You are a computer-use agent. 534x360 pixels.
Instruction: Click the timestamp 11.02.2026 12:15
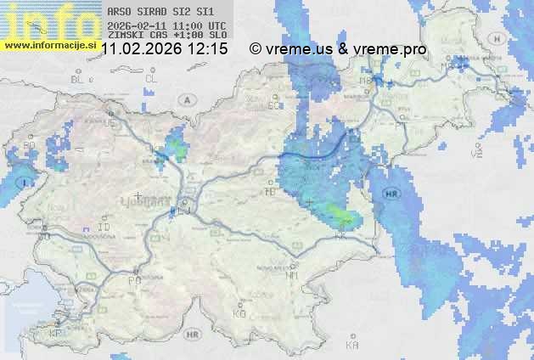coord(165,49)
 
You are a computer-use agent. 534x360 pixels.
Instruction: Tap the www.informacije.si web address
coord(49,43)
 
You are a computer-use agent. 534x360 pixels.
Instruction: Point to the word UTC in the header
coord(216,25)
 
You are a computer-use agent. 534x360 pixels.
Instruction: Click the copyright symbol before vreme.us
coord(256,49)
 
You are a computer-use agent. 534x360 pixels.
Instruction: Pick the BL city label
coord(79,79)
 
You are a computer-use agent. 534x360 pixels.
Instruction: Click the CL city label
coord(152,79)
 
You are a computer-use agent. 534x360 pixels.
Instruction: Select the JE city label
coord(109,123)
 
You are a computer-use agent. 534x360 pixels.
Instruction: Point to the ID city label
coord(104,228)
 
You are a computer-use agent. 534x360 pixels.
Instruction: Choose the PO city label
coord(133,280)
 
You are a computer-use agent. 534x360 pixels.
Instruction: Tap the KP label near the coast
coord(56,334)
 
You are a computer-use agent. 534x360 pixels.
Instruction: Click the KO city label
coord(239,313)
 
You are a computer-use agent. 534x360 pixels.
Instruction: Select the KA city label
coord(352,346)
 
